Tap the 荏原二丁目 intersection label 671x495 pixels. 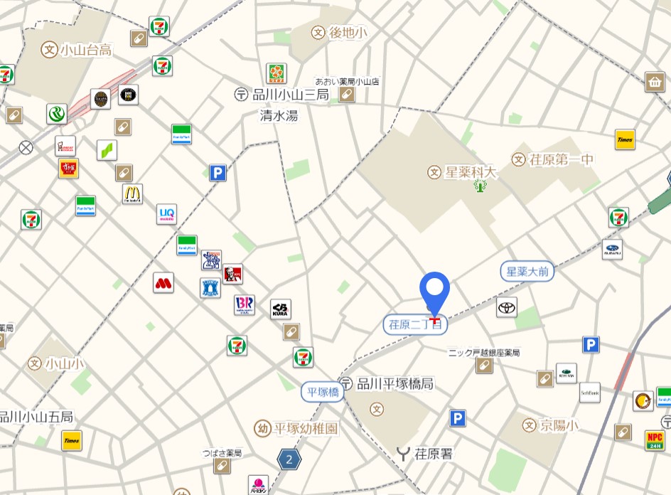pyautogui.click(x=416, y=324)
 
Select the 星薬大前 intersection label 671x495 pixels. pyautogui.click(x=527, y=271)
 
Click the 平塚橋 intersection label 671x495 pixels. pyautogui.click(x=322, y=392)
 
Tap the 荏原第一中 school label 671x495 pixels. pyautogui.click(x=552, y=159)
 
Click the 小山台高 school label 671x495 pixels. pyautogui.click(x=77, y=50)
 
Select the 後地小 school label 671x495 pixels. pyautogui.click(x=339, y=32)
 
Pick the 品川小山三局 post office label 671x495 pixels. pyautogui.click(x=282, y=95)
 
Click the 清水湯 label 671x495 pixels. pyautogui.click(x=279, y=115)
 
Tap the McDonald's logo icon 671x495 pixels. pyautogui.click(x=132, y=193)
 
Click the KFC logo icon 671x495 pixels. pyautogui.click(x=232, y=274)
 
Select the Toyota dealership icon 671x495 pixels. pyautogui.click(x=507, y=307)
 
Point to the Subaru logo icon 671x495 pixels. pyautogui.click(x=612, y=249)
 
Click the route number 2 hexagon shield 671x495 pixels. pyautogui.click(x=289, y=459)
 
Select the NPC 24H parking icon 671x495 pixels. pyautogui.click(x=655, y=440)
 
